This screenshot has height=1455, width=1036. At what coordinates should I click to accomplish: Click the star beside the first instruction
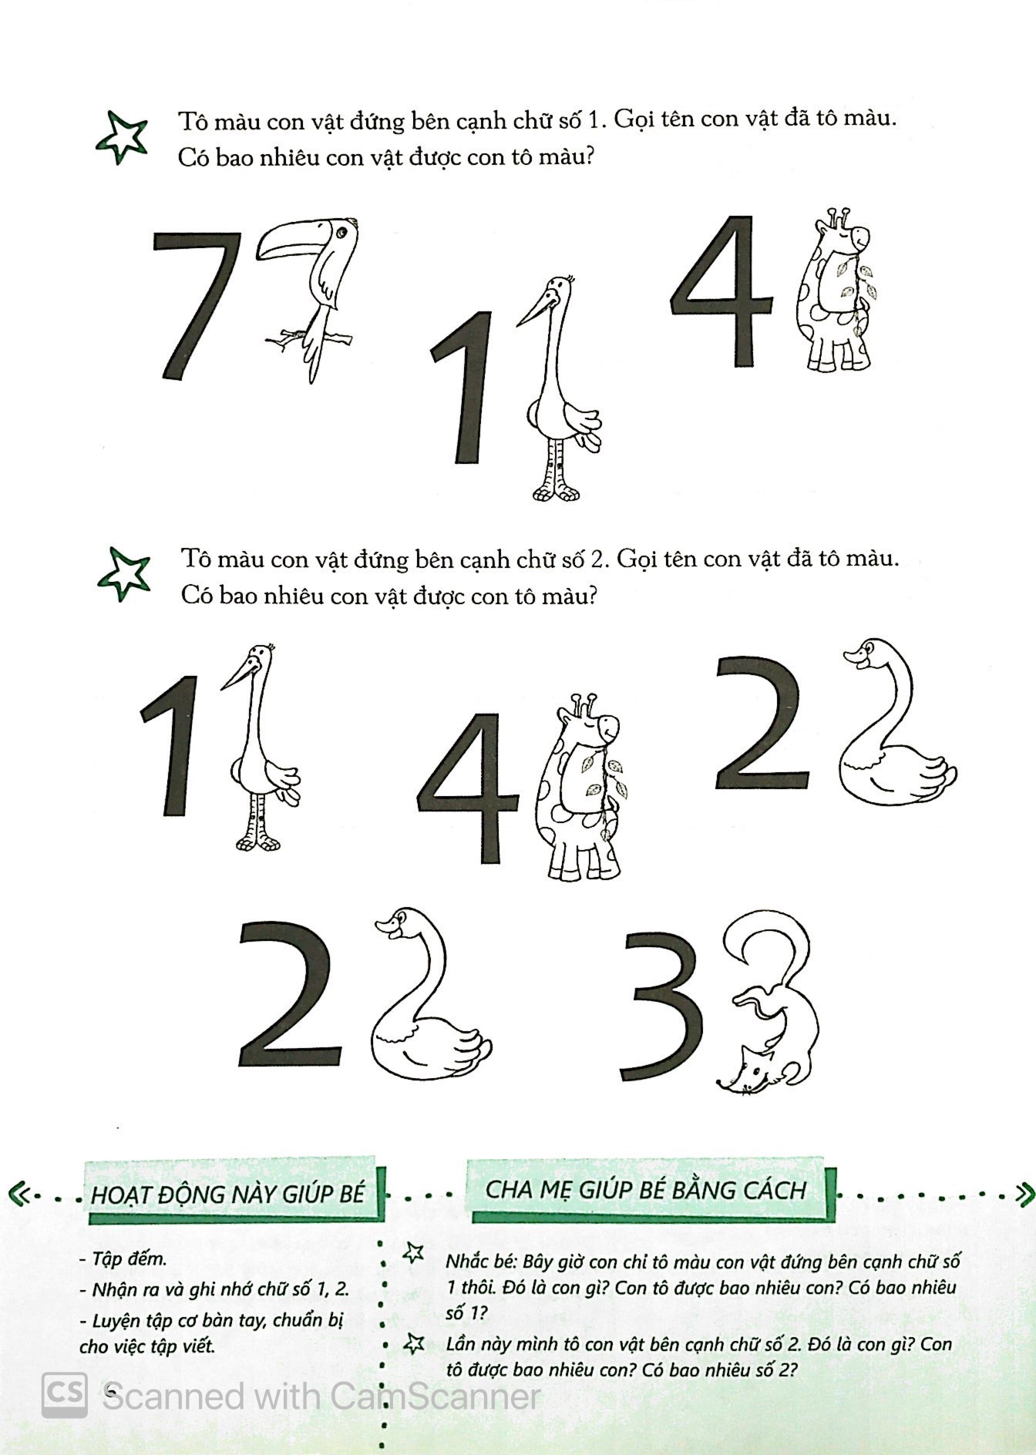coord(122,137)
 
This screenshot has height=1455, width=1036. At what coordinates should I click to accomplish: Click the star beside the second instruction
coord(123,574)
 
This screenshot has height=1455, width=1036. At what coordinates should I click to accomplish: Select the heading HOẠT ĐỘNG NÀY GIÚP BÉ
coord(227,1195)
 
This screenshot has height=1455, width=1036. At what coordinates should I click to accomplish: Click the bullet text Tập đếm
coord(123,1258)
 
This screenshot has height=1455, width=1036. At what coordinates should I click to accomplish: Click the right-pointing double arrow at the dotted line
coord(1023,1195)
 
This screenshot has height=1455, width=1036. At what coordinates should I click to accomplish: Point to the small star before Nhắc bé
coord(415,1253)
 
